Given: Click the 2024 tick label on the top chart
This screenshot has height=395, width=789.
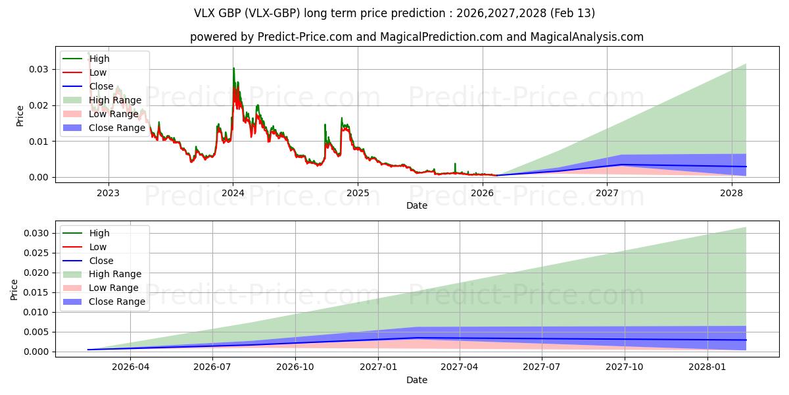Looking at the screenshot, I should click(233, 193).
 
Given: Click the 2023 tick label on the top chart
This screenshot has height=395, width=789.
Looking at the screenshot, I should click(108, 193).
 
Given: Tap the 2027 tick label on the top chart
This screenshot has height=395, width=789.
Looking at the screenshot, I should click(607, 193).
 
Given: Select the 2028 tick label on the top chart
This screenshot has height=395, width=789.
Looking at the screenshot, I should click(731, 193).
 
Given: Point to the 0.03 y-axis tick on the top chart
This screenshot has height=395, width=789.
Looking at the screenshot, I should click(39, 69).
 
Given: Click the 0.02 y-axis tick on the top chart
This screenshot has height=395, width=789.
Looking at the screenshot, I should click(39, 105).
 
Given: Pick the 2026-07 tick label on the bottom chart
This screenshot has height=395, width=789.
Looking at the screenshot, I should click(213, 367).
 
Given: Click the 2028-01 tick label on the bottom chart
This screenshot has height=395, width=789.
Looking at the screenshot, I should click(708, 367).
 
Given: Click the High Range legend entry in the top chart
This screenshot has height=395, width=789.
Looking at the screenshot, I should click(115, 100).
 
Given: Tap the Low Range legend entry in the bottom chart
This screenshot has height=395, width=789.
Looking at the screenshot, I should click(114, 288).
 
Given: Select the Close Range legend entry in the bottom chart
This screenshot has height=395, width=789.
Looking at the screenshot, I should click(117, 302).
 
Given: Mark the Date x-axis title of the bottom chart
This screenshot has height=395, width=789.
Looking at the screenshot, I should click(417, 380).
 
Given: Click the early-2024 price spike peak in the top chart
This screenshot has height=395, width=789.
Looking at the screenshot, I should click(233, 68).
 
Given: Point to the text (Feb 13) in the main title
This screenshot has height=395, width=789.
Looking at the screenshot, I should click(574, 13).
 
